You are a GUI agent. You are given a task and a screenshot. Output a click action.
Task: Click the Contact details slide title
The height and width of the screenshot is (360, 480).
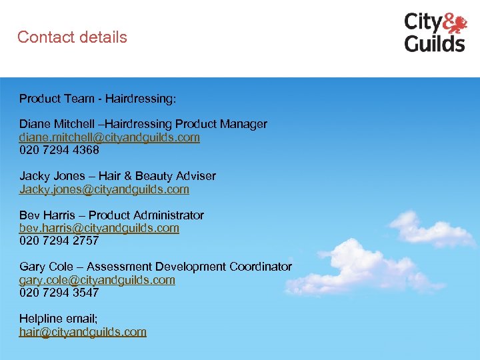tap(72, 37)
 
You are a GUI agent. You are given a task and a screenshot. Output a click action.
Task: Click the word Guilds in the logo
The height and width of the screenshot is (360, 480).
tap(435, 43)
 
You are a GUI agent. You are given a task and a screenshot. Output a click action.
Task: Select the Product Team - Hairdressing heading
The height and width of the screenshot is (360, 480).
tap(98, 99)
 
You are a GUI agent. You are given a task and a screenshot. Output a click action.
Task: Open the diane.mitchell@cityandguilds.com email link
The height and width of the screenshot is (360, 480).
tap(109, 137)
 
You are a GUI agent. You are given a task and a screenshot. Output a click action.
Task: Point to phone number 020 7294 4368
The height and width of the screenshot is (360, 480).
tap(59, 150)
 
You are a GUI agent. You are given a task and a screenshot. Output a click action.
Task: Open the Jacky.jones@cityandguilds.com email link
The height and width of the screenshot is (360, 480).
tap(104, 189)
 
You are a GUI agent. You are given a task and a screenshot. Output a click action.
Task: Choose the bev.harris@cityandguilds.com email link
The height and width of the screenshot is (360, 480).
tap(99, 228)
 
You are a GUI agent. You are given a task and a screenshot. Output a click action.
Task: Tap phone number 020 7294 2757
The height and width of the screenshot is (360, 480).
tap(59, 241)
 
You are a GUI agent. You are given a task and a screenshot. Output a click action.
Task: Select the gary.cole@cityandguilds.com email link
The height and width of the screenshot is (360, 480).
tap(97, 280)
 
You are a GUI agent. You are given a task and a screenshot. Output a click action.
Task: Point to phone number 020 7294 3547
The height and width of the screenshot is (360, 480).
tap(59, 293)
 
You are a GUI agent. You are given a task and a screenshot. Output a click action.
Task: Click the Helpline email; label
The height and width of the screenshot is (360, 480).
tap(57, 319)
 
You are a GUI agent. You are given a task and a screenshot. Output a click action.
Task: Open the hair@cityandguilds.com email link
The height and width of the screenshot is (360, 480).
tap(83, 332)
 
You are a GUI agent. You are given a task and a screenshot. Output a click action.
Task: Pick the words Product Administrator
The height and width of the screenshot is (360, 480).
tap(147, 215)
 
